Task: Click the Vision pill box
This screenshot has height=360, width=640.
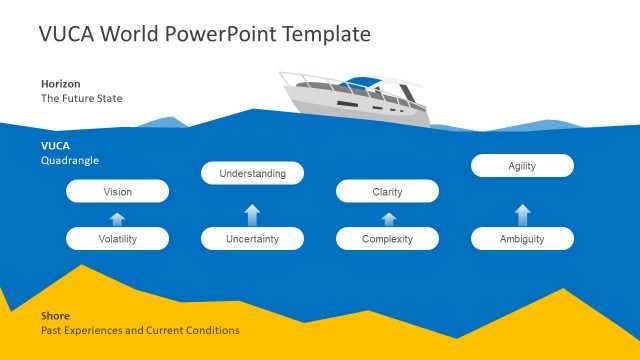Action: (117, 191)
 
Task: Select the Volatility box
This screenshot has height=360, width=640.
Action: (117, 239)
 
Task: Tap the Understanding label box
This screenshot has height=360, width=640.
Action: (252, 173)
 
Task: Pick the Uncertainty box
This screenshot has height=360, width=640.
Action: (252, 239)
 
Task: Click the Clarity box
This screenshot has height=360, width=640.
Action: (387, 191)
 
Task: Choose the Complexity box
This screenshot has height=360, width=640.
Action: (387, 239)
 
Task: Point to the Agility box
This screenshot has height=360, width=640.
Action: (522, 165)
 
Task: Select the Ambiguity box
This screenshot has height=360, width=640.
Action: (522, 239)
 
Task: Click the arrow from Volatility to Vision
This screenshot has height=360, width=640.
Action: (117, 217)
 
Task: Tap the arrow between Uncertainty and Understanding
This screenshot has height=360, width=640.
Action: (252, 213)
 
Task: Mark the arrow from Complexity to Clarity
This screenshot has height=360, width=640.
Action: (388, 217)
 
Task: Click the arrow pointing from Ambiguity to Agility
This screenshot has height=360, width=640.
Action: (522, 213)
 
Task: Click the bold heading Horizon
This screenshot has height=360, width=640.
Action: (60, 83)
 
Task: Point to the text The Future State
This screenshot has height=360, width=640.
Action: (81, 99)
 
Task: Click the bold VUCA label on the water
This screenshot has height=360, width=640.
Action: (55, 145)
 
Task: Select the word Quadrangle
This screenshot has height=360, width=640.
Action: (69, 160)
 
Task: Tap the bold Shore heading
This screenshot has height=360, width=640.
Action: (54, 315)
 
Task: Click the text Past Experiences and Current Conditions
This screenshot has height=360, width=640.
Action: (140, 330)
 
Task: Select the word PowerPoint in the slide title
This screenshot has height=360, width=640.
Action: (222, 34)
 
